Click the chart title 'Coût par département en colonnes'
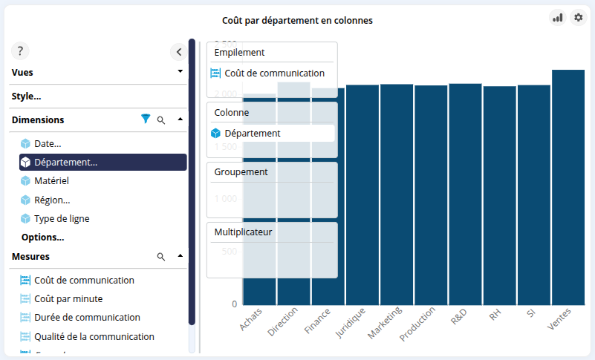point(297,21)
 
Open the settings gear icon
point(579,17)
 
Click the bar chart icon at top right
point(557,17)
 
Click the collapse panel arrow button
point(179,52)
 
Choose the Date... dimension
point(48,143)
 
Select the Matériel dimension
point(52,180)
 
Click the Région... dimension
point(52,200)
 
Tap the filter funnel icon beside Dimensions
point(146,119)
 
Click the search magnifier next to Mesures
point(161,257)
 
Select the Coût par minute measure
point(68,298)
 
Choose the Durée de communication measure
point(87,317)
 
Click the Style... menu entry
point(27,96)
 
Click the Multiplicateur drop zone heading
point(244,232)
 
